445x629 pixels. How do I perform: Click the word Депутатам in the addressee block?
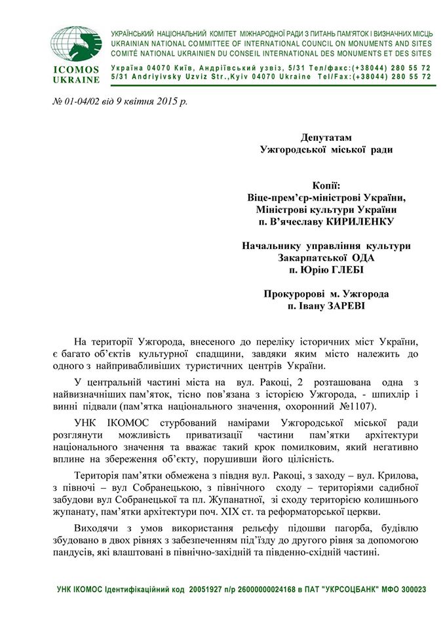point(326,138)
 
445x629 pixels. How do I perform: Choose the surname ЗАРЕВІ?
point(348,305)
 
